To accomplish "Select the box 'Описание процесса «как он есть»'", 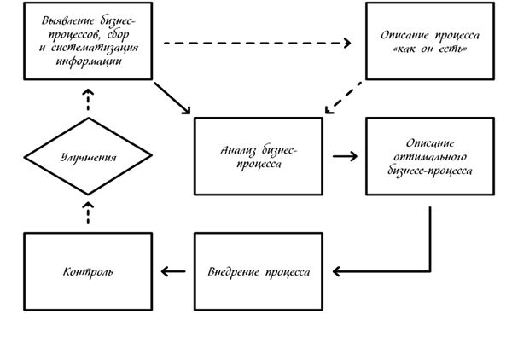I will coord(429,41).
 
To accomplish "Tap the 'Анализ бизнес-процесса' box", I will coord(259,156).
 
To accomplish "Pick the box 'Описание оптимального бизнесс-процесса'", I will coord(429,156).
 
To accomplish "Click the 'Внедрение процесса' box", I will coord(259,271).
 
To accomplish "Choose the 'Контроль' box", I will coord(88,271).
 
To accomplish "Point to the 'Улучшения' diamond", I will coord(88,156).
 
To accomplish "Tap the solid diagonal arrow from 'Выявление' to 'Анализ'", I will coord(173,99).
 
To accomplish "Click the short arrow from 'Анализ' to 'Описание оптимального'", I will coord(344,156).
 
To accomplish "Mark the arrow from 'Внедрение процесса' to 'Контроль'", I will coord(173,271).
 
